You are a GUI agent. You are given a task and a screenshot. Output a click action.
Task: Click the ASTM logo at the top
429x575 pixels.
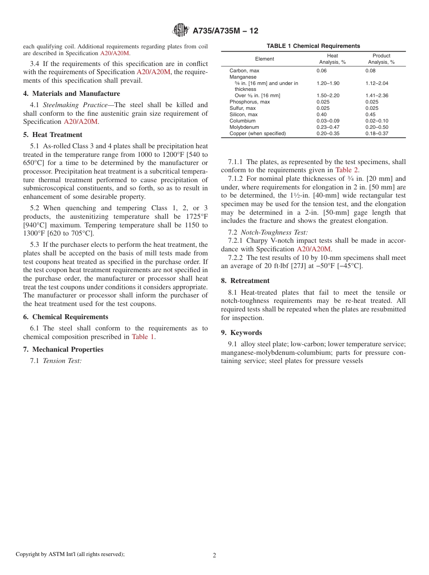point(180,31)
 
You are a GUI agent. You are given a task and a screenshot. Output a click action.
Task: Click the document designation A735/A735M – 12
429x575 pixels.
point(225,31)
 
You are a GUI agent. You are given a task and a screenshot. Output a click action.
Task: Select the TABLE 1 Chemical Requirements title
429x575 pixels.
point(313,46)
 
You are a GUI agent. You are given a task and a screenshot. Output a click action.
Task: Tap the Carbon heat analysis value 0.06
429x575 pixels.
point(321,71)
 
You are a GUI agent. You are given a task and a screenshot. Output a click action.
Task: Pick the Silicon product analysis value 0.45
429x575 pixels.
point(370,115)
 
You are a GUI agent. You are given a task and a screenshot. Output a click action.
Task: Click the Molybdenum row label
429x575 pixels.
point(244,127)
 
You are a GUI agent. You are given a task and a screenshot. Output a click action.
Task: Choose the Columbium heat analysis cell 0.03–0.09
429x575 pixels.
point(327,121)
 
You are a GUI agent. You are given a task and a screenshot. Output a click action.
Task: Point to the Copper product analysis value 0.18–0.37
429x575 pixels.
point(377,134)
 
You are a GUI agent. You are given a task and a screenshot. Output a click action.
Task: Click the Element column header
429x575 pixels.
point(265,59)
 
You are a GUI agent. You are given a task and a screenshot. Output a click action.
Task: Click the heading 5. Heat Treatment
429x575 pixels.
point(53,135)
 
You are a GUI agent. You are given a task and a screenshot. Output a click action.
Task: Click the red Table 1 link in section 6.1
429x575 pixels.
point(143,337)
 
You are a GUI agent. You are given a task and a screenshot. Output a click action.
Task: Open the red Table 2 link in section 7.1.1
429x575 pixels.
point(347,170)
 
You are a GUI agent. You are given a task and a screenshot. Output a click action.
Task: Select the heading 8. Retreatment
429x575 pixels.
point(245,281)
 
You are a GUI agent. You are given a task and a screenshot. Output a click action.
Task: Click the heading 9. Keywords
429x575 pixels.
point(241,333)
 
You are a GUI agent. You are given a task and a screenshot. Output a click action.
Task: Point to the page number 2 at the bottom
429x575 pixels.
point(214,556)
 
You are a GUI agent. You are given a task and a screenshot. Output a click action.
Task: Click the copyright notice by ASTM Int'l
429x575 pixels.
point(70,554)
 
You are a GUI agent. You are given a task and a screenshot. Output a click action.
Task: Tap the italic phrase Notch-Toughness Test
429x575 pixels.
point(274,232)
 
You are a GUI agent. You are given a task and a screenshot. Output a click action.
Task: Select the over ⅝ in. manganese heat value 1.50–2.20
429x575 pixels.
point(327,96)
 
